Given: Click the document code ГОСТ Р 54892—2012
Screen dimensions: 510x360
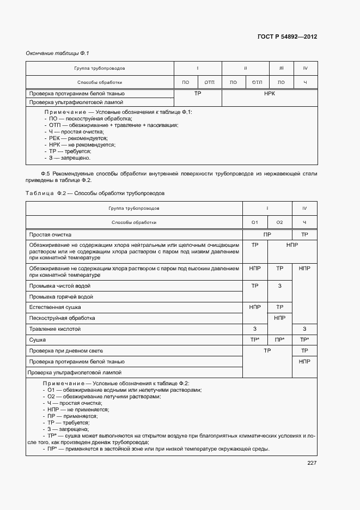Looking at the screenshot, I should [x=287, y=37].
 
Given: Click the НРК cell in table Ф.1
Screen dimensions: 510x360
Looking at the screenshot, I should [x=269, y=94].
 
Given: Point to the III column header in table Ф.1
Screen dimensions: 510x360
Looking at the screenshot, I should [x=281, y=68].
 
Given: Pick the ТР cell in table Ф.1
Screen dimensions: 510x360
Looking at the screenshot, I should [x=198, y=94].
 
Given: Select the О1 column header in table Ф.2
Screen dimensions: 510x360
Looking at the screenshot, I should [x=254, y=222].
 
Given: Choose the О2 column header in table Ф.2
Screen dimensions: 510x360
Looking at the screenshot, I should [x=279, y=222].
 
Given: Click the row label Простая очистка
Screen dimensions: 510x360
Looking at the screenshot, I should [x=50, y=234].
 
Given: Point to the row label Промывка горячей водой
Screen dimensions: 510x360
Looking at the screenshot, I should [x=61, y=296].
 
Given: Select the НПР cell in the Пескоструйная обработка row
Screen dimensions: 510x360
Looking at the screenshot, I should [x=279, y=318].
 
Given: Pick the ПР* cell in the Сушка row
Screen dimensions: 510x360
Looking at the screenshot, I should [x=279, y=339].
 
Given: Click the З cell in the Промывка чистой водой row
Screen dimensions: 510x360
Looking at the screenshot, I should [x=279, y=286].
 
